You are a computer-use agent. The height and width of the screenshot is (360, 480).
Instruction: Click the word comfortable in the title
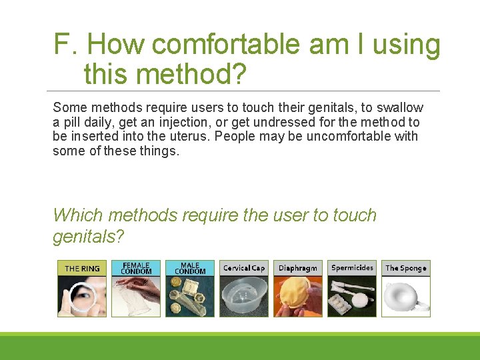tap(227, 45)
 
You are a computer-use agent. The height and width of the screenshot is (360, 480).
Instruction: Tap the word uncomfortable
tap(346, 137)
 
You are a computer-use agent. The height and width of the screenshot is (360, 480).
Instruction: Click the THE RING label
tap(82, 269)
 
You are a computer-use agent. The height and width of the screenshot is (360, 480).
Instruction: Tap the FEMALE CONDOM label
tap(136, 268)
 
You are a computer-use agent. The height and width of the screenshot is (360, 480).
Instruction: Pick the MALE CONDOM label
tap(190, 268)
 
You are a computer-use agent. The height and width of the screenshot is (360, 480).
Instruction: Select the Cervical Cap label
tap(244, 268)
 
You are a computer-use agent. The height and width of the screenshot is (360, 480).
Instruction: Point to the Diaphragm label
tap(298, 268)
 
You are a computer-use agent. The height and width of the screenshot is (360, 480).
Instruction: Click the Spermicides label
tap(352, 268)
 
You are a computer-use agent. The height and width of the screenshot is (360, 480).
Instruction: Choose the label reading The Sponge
tap(406, 268)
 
